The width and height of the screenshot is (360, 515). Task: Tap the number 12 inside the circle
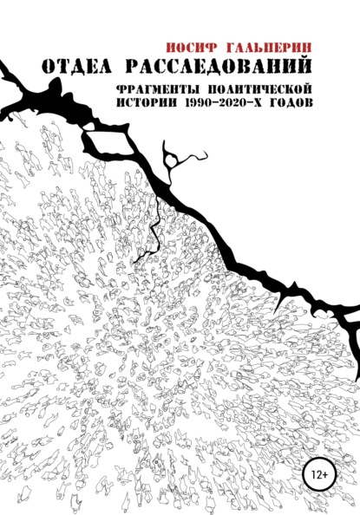310,473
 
